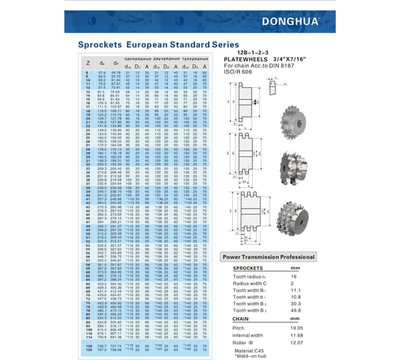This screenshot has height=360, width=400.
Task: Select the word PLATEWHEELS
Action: (246, 60)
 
